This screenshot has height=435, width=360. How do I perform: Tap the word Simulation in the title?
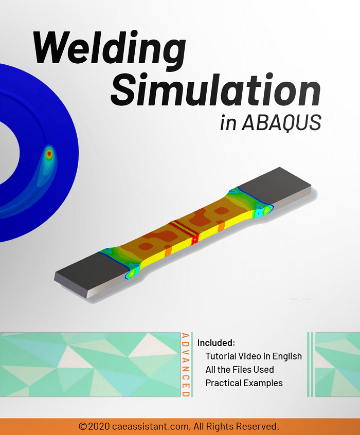coord(216,89)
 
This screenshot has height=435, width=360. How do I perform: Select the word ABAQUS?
coord(281,122)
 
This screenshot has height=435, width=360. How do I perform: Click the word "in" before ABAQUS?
coord(228,123)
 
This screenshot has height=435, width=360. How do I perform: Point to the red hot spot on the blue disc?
coord(49,153)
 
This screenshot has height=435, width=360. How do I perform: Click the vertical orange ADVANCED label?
coord(186,365)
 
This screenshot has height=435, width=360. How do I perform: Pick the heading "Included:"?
coord(216,343)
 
